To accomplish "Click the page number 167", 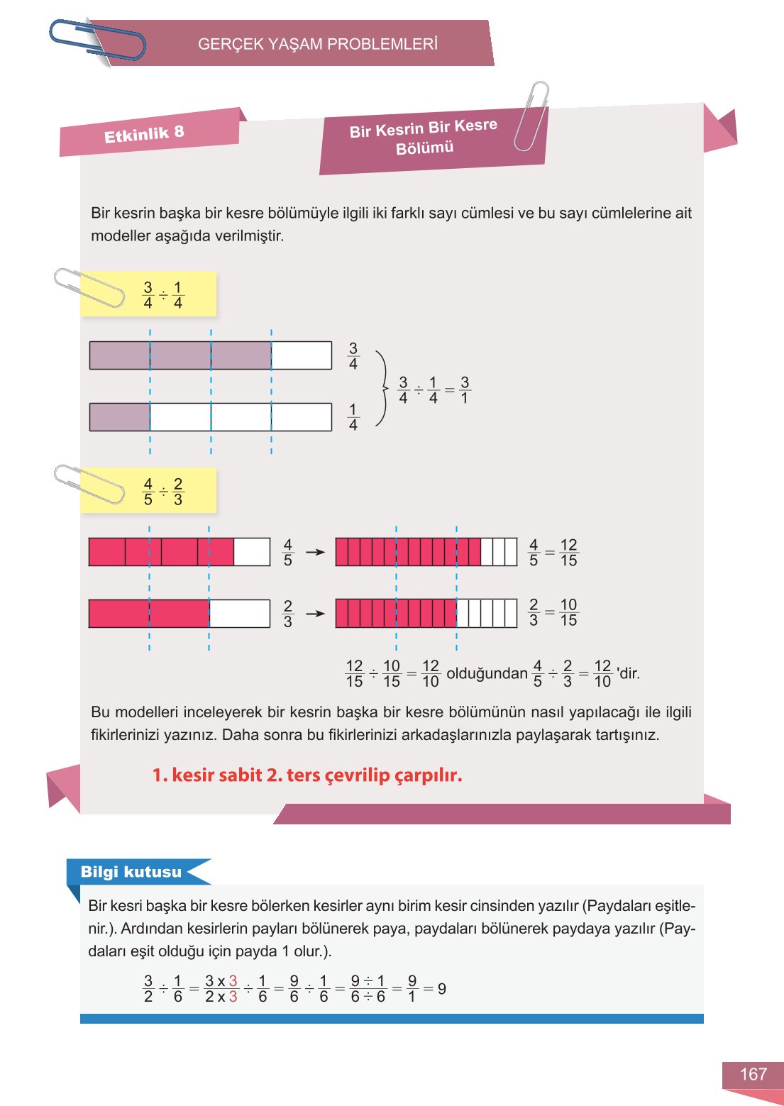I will point(753,1074).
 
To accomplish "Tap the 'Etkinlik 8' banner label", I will point(144,133).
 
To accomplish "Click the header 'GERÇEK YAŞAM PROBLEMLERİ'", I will point(317,44).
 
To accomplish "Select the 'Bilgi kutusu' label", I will point(131,872).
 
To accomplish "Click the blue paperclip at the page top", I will point(98,40).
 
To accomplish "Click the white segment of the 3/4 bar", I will point(302,355).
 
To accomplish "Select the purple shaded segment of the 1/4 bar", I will point(120,417).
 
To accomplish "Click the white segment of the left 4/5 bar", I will point(252,552).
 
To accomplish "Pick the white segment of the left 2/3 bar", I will point(240,614).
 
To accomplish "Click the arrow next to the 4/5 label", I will point(315,552).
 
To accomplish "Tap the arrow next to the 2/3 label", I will point(315,613).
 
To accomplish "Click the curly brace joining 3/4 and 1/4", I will point(382,388).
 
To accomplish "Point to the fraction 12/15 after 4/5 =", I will point(568,553).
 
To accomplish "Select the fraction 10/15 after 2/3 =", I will point(568,612).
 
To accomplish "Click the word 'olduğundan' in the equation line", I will point(487,673).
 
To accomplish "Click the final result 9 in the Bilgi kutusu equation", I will point(442,988).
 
